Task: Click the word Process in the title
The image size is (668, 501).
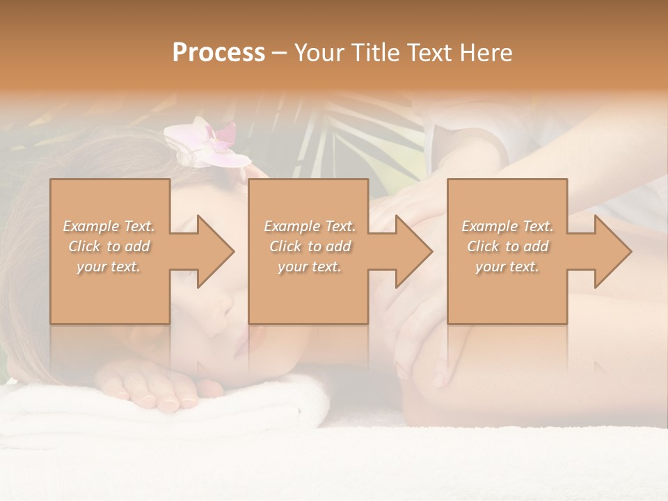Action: pyautogui.click(x=218, y=53)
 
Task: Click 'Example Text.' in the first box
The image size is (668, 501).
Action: pyautogui.click(x=109, y=226)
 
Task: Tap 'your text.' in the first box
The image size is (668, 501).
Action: pyautogui.click(x=109, y=267)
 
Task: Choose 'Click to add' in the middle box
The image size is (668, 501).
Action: pyautogui.click(x=310, y=246)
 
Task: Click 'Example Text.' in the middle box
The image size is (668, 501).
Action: pyautogui.click(x=310, y=226)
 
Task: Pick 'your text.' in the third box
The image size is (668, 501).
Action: pyautogui.click(x=507, y=267)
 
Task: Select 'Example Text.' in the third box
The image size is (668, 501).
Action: pyautogui.click(x=507, y=226)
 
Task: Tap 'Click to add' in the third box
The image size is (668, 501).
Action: pyautogui.click(x=507, y=246)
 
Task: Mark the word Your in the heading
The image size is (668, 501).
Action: pyautogui.click(x=318, y=53)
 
